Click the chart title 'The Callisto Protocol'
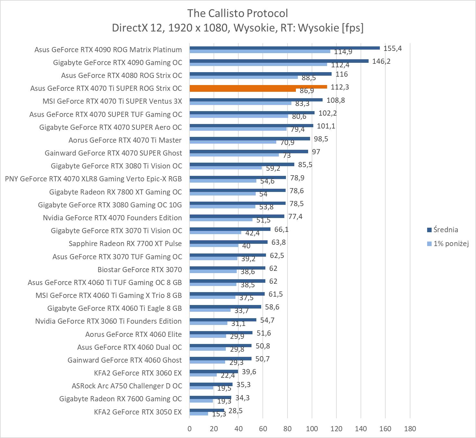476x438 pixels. (x=237, y=14)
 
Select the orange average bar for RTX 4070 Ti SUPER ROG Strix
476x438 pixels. (x=258, y=87)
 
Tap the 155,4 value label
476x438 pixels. (x=392, y=48)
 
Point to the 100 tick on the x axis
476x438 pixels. (x=312, y=429)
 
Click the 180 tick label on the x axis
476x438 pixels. (x=410, y=429)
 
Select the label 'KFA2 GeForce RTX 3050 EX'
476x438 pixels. (x=138, y=412)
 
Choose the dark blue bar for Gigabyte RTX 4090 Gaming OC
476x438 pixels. (x=279, y=61)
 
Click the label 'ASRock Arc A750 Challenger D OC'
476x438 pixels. (x=127, y=386)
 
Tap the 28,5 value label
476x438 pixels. (x=235, y=411)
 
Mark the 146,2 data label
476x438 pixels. (x=381, y=61)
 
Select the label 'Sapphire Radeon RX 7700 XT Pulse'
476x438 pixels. (x=125, y=243)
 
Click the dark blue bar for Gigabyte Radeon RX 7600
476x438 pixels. (x=210, y=397)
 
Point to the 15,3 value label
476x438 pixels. (x=219, y=414)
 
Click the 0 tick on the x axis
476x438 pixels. (x=189, y=429)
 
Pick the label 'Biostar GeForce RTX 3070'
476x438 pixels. (x=140, y=270)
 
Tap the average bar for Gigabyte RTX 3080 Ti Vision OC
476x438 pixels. (x=242, y=164)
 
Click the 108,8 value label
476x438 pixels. (x=335, y=100)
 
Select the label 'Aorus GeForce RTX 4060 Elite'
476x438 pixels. (x=133, y=334)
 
